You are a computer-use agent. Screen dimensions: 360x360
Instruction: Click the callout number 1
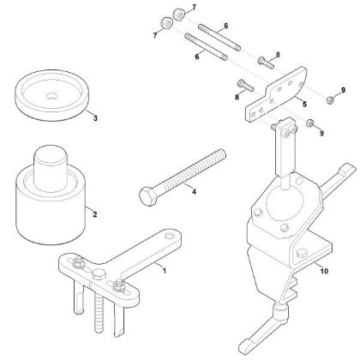(165, 270)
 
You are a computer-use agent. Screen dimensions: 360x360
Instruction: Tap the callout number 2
(94, 214)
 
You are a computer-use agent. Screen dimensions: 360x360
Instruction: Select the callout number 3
(94, 117)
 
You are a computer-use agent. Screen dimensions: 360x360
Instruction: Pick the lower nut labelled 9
(311, 126)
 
